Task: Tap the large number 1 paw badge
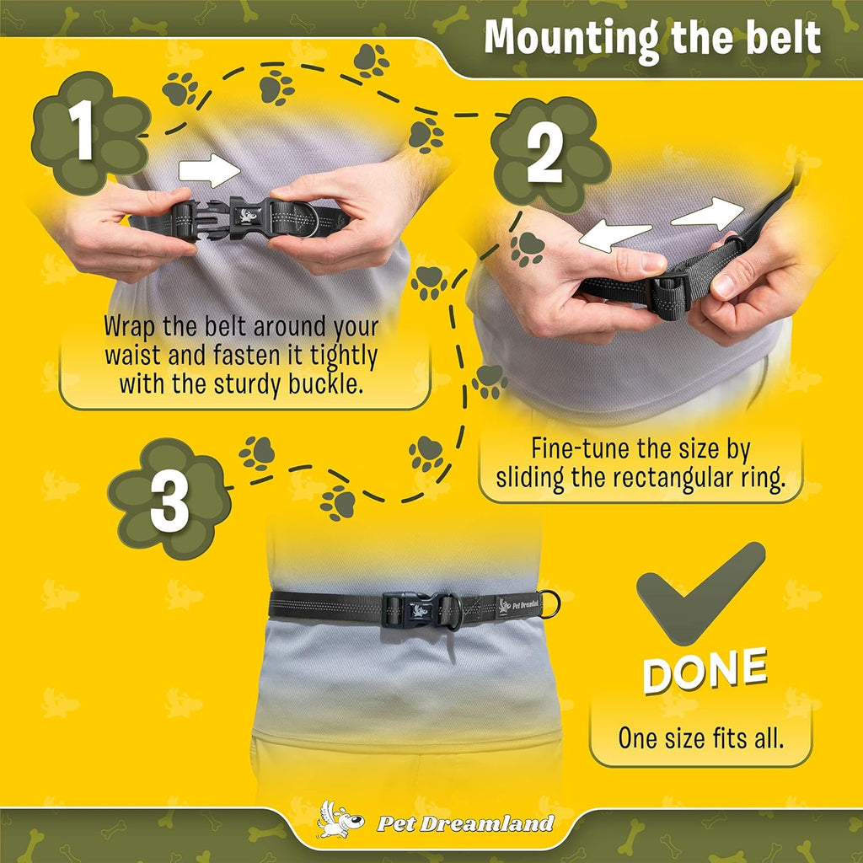coord(91,133)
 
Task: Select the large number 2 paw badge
coord(550,155)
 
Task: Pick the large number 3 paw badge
coord(169,498)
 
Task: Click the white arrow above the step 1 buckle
coord(209,170)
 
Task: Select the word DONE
coord(705,670)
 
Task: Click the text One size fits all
coord(700,737)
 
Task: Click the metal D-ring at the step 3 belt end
coord(549,603)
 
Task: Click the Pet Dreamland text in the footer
coord(465,823)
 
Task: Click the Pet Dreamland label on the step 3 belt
coord(519,606)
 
